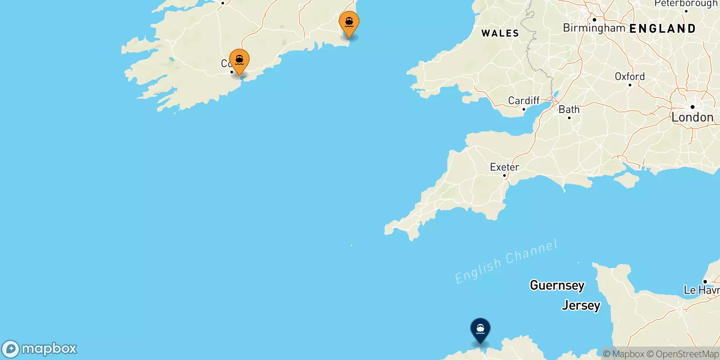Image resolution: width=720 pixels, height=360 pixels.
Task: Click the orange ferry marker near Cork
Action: pos(239,61)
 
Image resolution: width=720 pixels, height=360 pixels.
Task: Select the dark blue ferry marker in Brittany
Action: pos(480,330)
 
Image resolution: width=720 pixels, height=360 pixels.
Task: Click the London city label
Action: pos(692,117)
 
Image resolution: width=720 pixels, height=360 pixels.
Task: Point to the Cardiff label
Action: pos(523,100)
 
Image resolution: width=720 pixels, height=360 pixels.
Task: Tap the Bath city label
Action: pos(569,109)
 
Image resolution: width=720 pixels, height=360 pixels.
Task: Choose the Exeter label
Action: pos(504,167)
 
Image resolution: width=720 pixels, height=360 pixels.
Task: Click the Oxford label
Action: pos(630,76)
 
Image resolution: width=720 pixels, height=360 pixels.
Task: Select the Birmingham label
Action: pos(594,28)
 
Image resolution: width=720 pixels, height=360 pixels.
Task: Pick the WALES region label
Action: pos(500,33)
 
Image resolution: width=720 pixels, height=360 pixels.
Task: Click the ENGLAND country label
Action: pos(662,29)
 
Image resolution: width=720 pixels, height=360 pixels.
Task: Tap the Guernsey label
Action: pos(557,285)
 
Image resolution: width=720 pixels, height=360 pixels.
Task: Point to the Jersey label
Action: pos(581,306)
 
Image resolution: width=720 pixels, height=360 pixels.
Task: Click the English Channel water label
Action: pos(506,261)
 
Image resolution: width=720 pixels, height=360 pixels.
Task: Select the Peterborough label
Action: pos(686,4)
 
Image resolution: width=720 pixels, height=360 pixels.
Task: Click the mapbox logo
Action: pos(40,349)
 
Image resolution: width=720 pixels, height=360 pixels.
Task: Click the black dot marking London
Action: pos(692,107)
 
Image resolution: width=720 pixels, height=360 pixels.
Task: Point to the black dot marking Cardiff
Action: pos(523,109)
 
